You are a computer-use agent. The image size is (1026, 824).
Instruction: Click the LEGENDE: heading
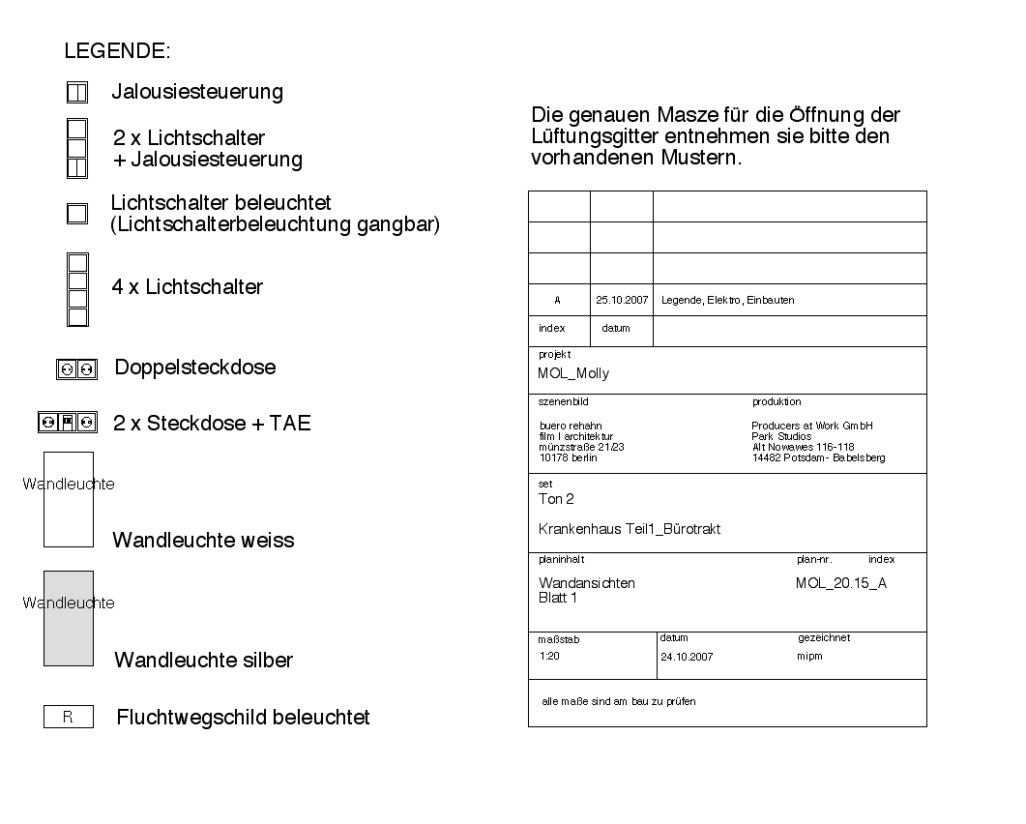click(x=117, y=50)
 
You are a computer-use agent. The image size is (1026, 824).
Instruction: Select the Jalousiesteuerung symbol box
click(x=77, y=93)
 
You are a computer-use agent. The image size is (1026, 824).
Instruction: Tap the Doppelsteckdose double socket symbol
click(x=77, y=368)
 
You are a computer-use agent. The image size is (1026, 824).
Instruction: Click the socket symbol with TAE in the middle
click(x=68, y=423)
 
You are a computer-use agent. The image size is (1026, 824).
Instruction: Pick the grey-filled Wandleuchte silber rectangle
click(x=69, y=618)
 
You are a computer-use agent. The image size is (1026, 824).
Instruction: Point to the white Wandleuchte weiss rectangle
click(x=69, y=499)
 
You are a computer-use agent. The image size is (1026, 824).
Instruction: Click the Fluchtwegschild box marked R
click(x=69, y=718)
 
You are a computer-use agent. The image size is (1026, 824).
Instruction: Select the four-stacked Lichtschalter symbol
click(x=77, y=289)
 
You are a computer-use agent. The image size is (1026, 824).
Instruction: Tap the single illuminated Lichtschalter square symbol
click(x=77, y=214)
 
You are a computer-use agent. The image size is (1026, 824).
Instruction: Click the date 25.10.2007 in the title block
click(x=622, y=300)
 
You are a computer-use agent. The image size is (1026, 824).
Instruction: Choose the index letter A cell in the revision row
click(x=558, y=300)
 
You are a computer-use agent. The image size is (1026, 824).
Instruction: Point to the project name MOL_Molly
click(x=573, y=373)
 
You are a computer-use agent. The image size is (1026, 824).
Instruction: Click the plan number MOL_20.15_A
click(x=840, y=583)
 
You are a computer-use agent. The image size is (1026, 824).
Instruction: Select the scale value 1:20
click(x=549, y=656)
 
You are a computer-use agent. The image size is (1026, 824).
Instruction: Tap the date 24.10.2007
click(x=687, y=656)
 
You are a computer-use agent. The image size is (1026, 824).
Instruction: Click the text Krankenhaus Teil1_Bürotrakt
click(x=629, y=529)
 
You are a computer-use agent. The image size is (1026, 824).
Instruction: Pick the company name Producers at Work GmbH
click(x=812, y=426)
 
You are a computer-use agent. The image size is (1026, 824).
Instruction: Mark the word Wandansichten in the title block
click(x=587, y=583)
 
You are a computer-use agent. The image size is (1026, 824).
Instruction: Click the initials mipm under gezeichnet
click(x=810, y=656)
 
